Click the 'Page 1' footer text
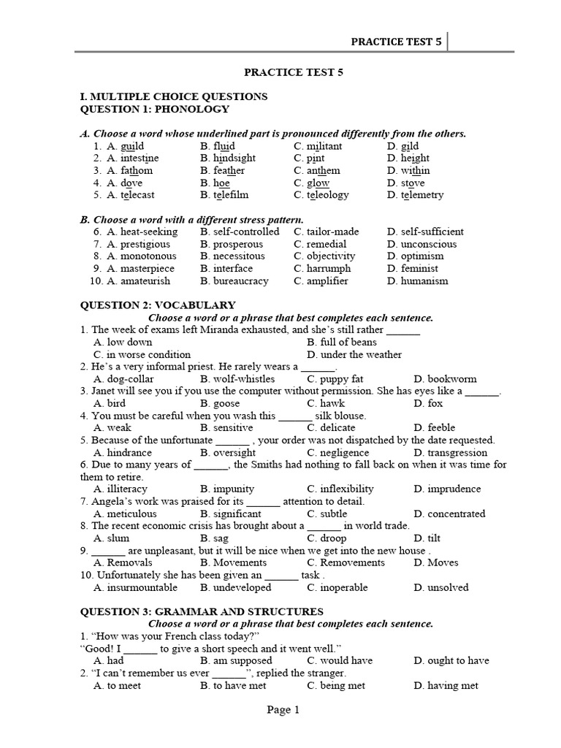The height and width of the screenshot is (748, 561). [283, 709]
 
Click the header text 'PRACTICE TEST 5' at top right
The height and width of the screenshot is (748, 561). [396, 42]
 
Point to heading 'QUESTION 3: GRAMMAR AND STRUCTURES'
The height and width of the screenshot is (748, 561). [201, 611]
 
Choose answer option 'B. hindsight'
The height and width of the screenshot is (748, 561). [228, 159]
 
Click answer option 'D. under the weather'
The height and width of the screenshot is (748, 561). [354, 355]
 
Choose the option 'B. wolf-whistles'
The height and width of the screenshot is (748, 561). [237, 379]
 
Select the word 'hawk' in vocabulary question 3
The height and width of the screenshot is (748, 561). [321, 403]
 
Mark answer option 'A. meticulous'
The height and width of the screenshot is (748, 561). [125, 514]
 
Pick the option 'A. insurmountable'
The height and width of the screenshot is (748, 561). [135, 587]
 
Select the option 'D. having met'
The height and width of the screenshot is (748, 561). [446, 685]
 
